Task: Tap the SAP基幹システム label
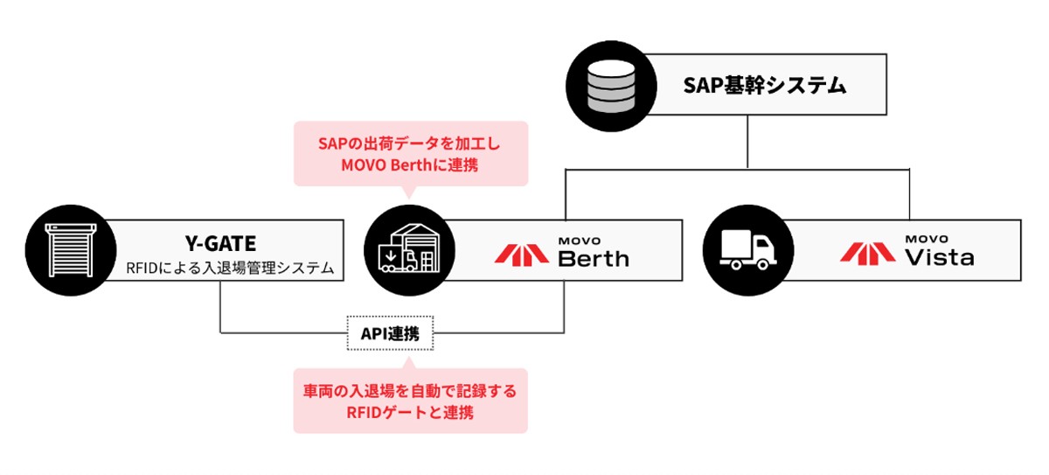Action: tap(764, 86)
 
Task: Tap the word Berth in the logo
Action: tap(593, 258)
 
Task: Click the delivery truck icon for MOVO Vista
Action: tap(742, 250)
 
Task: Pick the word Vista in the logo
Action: tap(939, 258)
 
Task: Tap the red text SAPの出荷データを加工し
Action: tap(410, 142)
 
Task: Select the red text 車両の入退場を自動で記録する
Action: tap(410, 391)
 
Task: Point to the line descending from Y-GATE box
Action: tap(219, 306)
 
